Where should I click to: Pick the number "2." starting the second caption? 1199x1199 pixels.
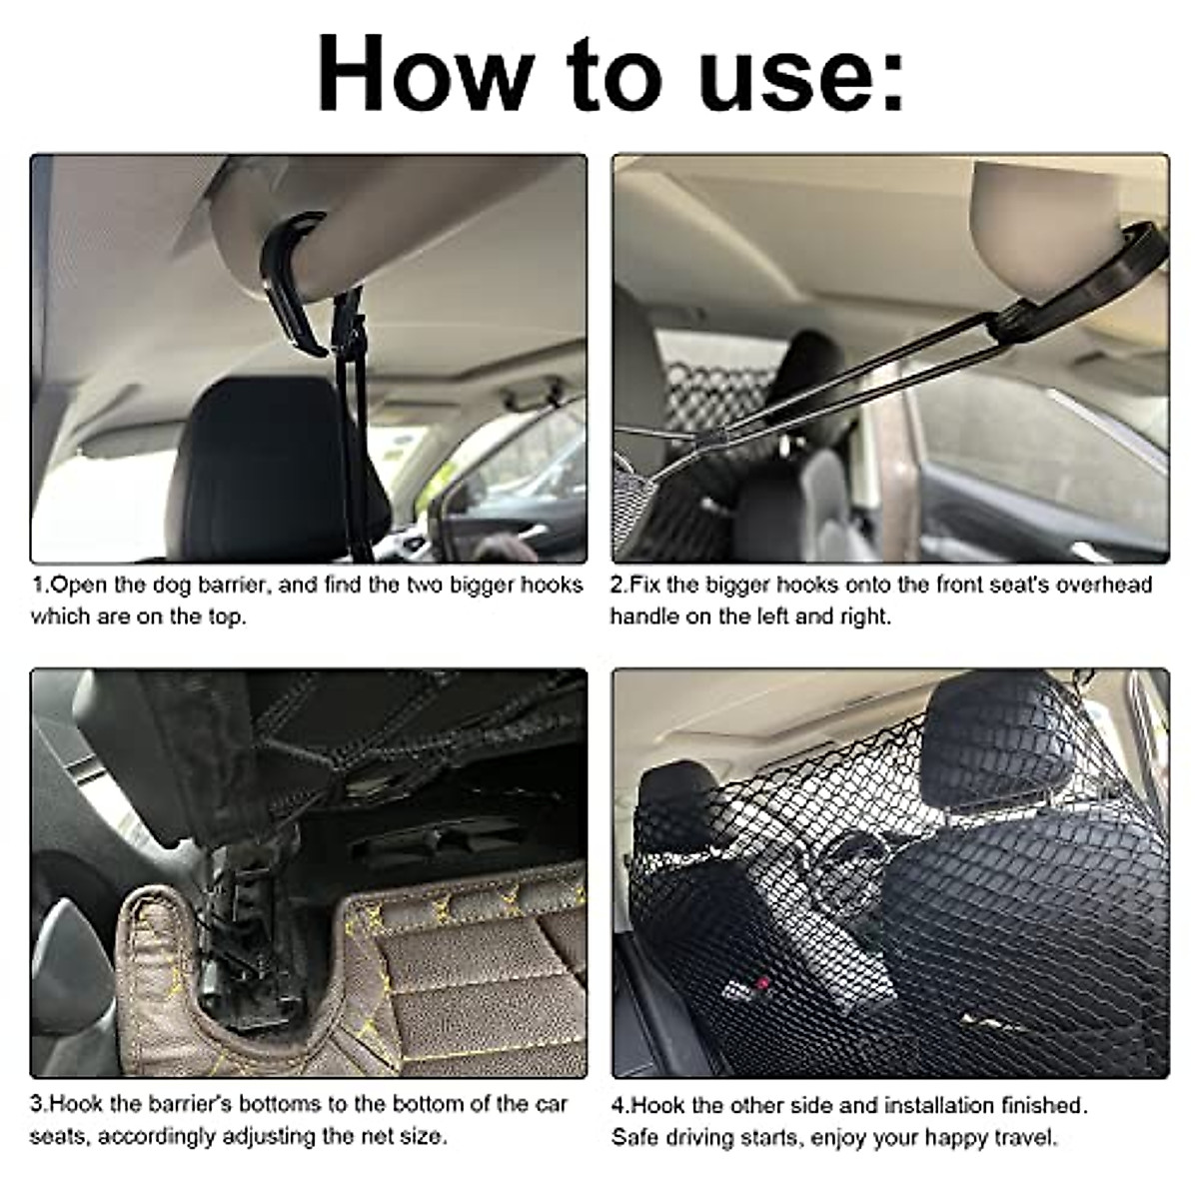click(x=619, y=585)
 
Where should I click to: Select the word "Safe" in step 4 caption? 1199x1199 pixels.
click(x=635, y=1137)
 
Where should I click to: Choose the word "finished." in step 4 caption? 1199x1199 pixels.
click(x=1045, y=1106)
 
